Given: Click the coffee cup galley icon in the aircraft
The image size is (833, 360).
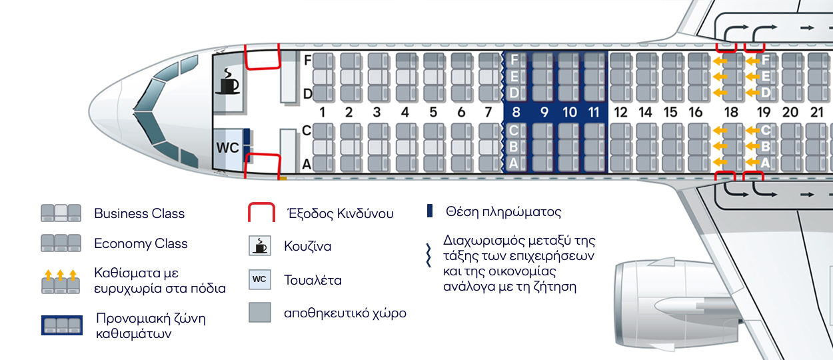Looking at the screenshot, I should coord(229,82).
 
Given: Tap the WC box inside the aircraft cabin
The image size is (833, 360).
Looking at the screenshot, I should coord(228,148).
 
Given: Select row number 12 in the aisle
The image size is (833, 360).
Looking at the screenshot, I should coord(620,112).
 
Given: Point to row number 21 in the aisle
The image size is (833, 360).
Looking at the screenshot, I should coord(817,112).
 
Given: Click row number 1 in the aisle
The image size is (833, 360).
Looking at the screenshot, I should coord(322,112).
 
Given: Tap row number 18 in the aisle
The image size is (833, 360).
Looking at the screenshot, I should coord(731,112).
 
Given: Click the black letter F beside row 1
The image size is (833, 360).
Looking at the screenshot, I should coord(307,60).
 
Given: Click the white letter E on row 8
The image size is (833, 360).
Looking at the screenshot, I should coord(514,76).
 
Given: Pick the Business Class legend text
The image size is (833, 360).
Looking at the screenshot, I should coord(139,214).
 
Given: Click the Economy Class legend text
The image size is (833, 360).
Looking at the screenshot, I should coord(141,243).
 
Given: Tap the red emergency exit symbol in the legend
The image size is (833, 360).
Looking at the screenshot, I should coord(261,213).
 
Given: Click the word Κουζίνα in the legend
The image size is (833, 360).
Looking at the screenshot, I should coord(307,246).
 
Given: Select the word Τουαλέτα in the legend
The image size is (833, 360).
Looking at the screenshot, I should coord(313,280).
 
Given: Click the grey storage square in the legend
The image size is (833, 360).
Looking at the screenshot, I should coord(260,313).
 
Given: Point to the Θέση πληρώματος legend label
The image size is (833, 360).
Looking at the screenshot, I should coord(503,213).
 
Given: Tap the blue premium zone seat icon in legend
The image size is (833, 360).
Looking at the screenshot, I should coord(61,325).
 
